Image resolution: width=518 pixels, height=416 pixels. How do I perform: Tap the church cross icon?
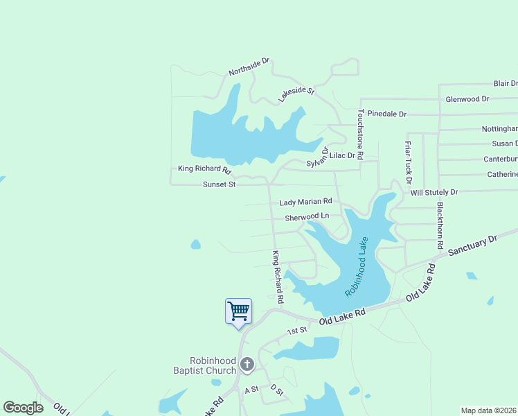tap(247, 365)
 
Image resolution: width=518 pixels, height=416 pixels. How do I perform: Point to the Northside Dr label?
tap(249, 68)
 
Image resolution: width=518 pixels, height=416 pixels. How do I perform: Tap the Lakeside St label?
tap(296, 95)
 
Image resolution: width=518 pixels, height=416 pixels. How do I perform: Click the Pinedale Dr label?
tap(386, 113)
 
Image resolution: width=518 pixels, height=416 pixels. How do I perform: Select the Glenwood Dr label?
tap(467, 99)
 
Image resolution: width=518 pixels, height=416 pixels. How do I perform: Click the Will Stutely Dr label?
tap(434, 191)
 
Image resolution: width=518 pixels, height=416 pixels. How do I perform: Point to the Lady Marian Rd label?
tap(305, 202)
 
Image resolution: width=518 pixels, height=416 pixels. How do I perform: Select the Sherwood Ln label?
tap(307, 217)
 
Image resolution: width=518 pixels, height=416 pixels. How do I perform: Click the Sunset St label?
tap(220, 184)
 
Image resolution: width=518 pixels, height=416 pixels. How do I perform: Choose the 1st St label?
tap(297, 331)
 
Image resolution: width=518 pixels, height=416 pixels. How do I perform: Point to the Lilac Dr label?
tap(342, 156)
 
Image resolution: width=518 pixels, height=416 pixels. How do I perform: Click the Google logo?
tap(24, 408)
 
